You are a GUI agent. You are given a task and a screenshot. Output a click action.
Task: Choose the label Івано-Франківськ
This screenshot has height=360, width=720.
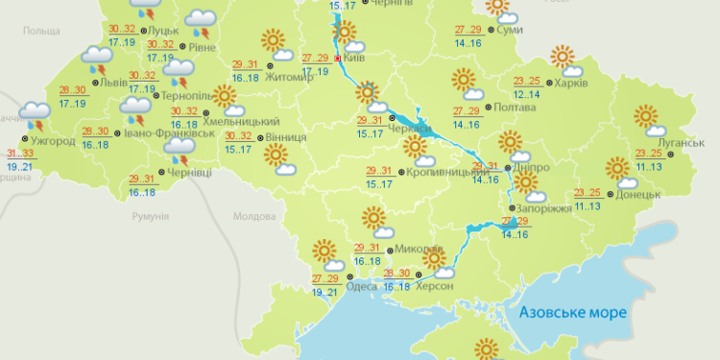click(x=169, y=133)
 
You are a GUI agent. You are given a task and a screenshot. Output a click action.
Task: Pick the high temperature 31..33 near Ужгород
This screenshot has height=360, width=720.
click(x=19, y=154)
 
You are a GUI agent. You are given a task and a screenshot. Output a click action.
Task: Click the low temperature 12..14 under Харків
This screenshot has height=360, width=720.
click(x=527, y=94)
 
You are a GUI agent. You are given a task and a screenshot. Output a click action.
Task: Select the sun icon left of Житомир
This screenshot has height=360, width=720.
click(x=273, y=42)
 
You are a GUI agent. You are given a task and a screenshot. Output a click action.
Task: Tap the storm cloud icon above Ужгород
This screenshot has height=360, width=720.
click(x=36, y=114)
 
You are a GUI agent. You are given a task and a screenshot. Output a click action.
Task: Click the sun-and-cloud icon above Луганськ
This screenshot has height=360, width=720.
click(x=649, y=121)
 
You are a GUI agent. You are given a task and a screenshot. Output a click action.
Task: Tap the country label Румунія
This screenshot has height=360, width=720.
click(x=149, y=218)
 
